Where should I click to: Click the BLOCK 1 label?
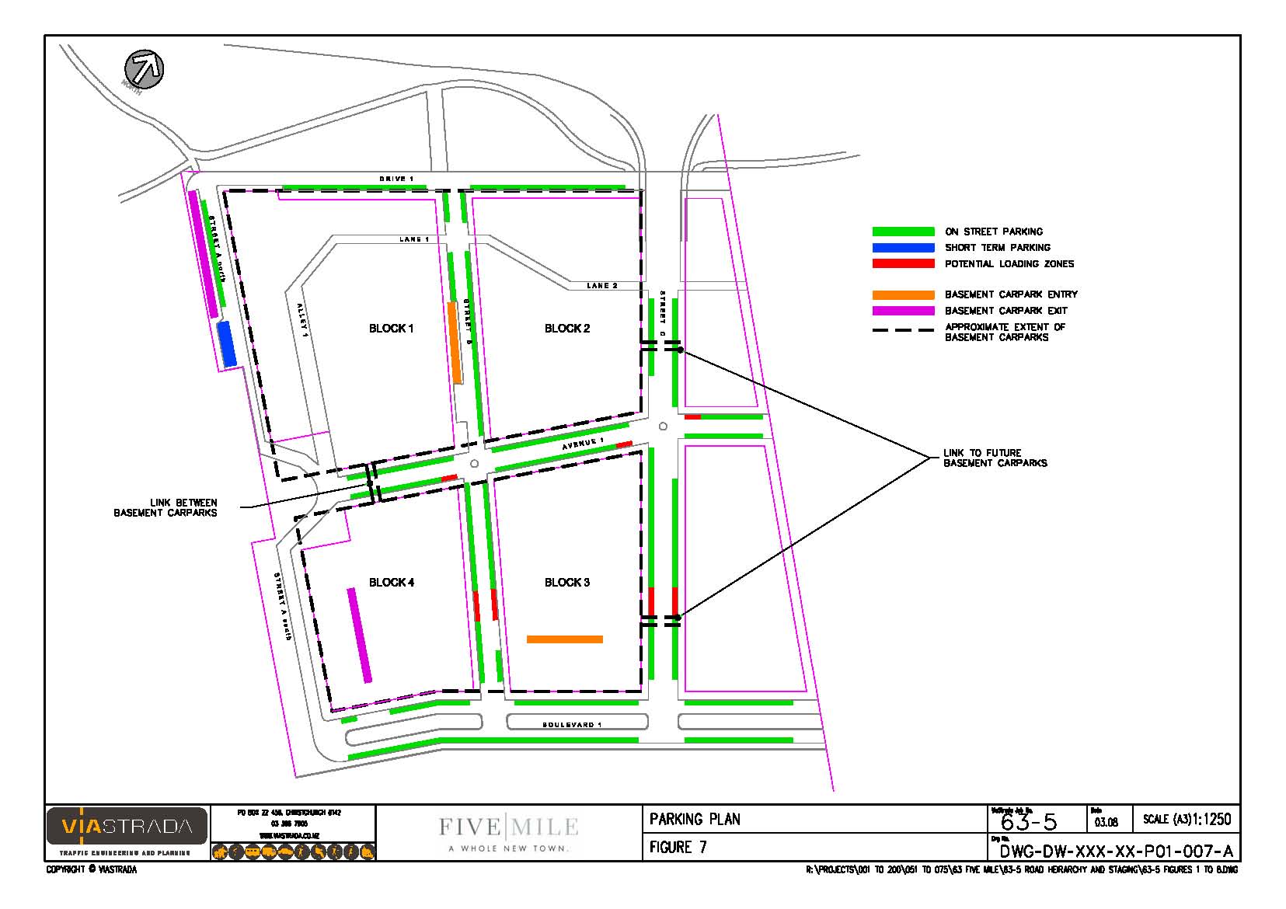pos(391,329)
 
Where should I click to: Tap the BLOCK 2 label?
pos(566,329)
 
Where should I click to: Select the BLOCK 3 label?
pos(566,583)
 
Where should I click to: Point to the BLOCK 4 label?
pos(391,583)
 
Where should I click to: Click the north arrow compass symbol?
pos(145,68)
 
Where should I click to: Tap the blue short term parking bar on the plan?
pos(226,343)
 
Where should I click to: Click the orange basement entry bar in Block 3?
pos(564,639)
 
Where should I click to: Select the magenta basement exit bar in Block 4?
pos(360,635)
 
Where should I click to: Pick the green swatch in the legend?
pos(903,232)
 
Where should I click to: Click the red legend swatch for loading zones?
pos(903,264)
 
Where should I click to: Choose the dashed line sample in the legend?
pos(903,331)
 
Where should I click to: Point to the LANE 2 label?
pos(601,286)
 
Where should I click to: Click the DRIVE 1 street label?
pos(396,179)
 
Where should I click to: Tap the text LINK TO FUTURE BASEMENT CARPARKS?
pos(995,458)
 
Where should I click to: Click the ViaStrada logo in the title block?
pos(127,827)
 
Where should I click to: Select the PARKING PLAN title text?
pos(695,819)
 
